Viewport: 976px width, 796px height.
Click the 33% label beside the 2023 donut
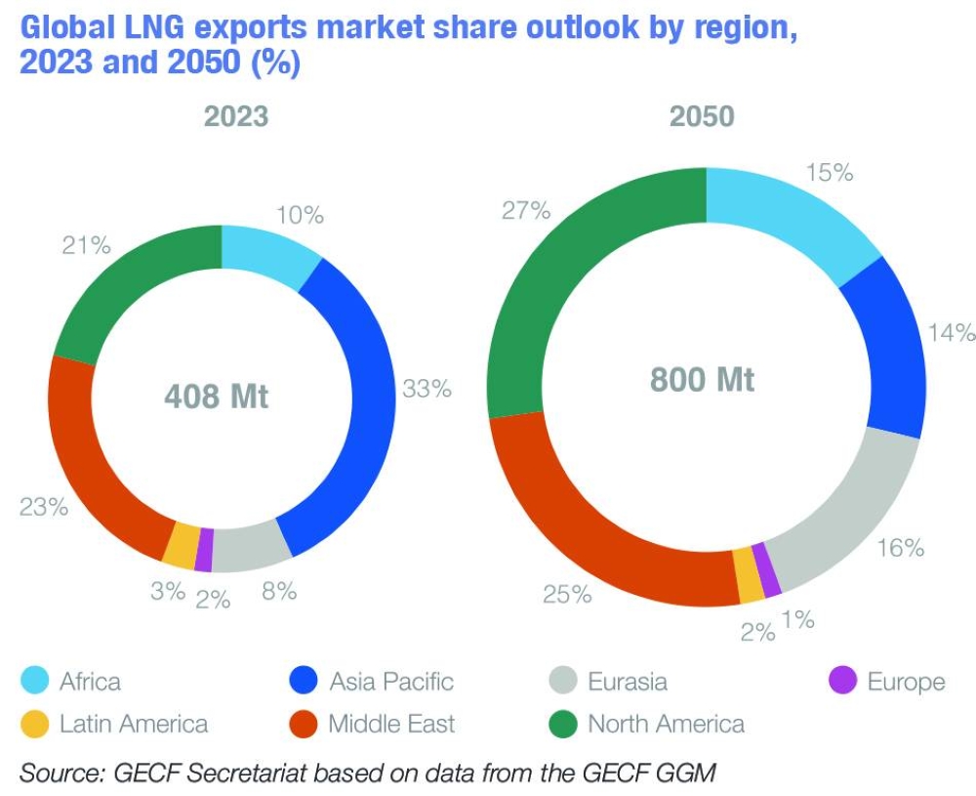[x=427, y=389]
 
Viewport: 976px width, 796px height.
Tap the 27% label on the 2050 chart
[x=525, y=210]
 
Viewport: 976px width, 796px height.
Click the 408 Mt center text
[x=216, y=398]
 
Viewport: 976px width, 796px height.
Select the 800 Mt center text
[x=703, y=379]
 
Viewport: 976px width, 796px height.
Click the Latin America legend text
[x=134, y=724]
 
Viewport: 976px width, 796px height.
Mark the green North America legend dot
[x=565, y=724]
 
